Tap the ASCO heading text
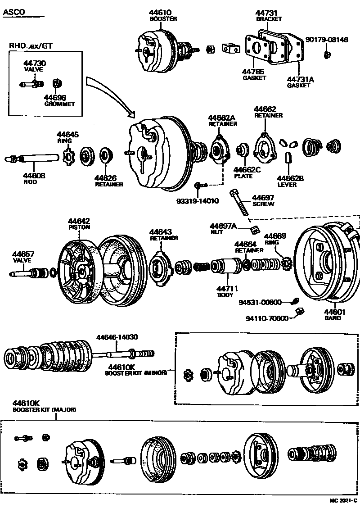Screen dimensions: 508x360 pos(14,12)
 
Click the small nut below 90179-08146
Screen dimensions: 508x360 pos(327,55)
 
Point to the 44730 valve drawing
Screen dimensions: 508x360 pos(31,84)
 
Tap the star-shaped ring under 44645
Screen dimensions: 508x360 pos(69,157)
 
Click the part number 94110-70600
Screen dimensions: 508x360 pos(267,318)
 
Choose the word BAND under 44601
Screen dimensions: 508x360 pos(333,318)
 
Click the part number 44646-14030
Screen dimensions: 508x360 pos(117,336)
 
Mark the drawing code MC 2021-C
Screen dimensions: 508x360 pos(342,500)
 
